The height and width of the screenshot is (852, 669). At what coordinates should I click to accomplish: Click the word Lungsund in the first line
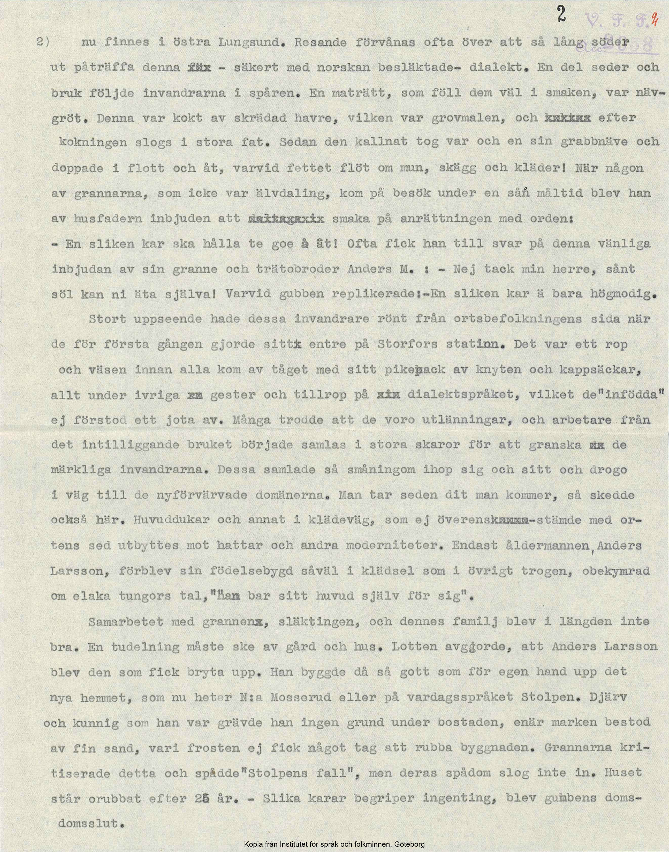241,43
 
